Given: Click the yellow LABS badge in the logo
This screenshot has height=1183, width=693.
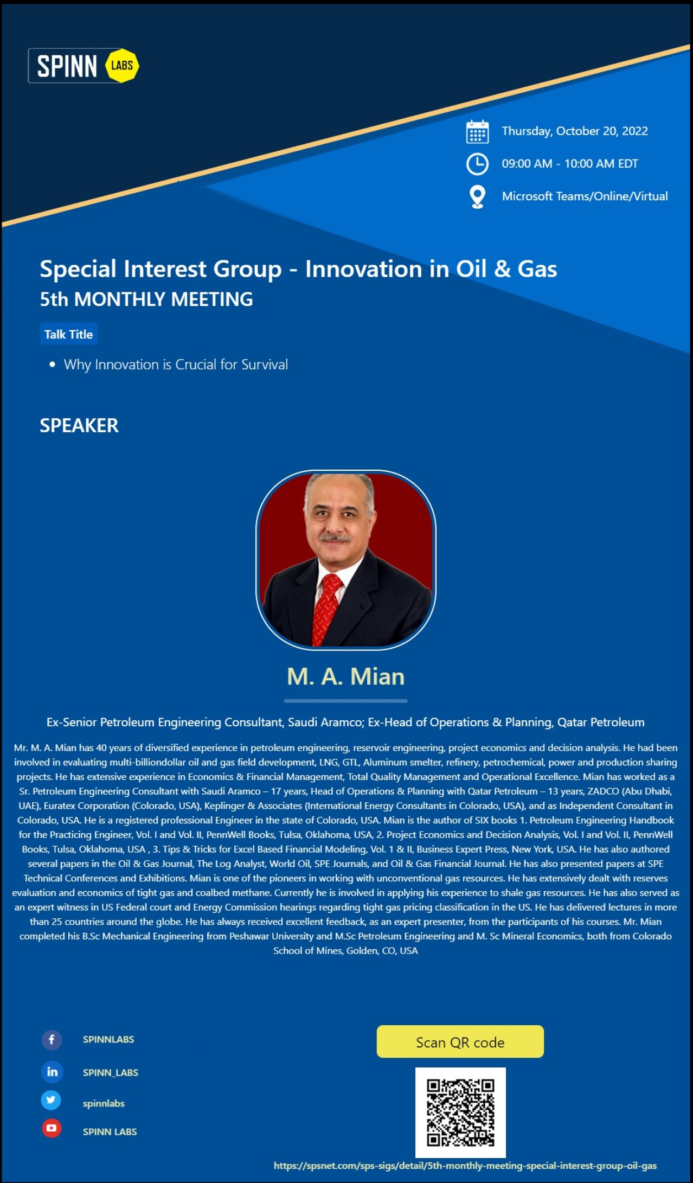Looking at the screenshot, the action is tap(121, 66).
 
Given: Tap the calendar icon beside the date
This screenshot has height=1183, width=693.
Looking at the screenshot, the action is tap(477, 132).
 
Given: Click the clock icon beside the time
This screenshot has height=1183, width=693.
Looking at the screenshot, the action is tap(477, 164).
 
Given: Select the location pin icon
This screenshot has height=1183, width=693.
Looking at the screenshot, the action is tap(477, 197).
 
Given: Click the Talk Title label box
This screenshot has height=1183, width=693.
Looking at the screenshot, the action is tap(69, 334).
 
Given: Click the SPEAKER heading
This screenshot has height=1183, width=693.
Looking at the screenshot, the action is tap(79, 426).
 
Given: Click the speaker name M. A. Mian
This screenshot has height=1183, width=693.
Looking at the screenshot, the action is tap(346, 676).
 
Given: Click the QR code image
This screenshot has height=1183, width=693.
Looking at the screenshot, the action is tap(460, 1112).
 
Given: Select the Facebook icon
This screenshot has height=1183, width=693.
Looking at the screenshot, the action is tap(52, 1040).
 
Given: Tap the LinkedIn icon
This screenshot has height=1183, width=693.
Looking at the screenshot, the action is tap(52, 1072).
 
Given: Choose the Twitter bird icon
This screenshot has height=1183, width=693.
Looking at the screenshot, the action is tap(51, 1100).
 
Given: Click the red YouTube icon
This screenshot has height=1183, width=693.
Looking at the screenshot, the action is tap(52, 1128).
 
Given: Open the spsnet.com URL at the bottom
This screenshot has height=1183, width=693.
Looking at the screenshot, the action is tap(465, 1166).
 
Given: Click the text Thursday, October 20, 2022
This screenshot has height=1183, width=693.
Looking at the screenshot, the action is tap(575, 131).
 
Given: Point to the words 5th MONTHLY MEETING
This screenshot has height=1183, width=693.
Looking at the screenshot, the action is tap(146, 299).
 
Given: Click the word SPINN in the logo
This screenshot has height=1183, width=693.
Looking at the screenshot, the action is tap(67, 66).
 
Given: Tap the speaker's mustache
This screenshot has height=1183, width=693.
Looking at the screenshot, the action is tap(335, 538).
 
